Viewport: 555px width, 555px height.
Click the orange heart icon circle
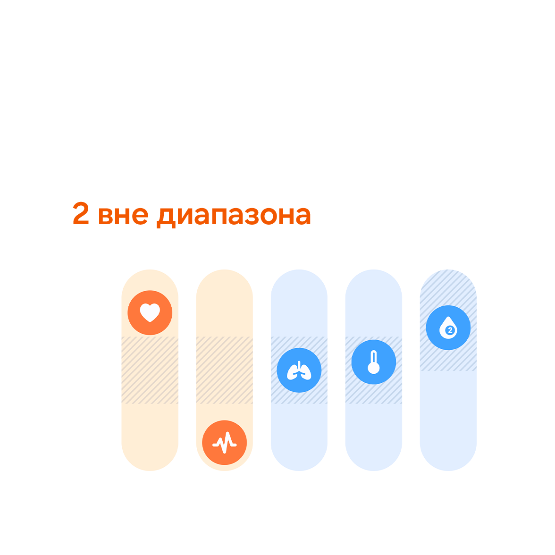click(x=150, y=312)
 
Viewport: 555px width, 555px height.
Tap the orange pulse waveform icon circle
click(x=225, y=443)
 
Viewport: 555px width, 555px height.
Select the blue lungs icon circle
click(x=299, y=370)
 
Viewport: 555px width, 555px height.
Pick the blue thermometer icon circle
click(x=374, y=362)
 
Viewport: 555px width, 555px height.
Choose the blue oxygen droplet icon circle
click(x=448, y=328)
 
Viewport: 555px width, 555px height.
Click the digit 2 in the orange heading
click(x=81, y=213)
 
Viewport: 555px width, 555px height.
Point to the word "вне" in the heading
click(x=123, y=216)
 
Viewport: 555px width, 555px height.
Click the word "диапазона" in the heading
click(x=234, y=217)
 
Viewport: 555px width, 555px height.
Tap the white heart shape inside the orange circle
click(x=150, y=312)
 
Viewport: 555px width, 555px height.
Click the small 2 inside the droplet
click(x=450, y=330)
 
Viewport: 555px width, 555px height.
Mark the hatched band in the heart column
click(x=150, y=370)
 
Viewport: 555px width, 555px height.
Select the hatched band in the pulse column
click(x=225, y=370)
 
